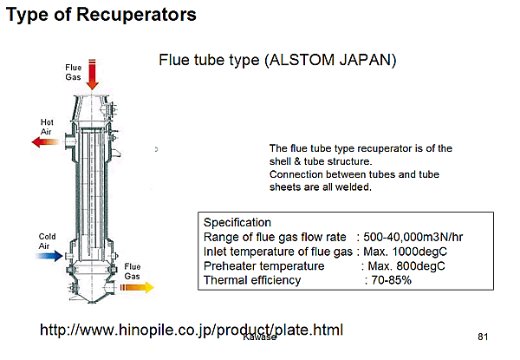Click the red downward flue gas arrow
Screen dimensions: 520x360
92,75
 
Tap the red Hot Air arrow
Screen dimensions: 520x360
45,142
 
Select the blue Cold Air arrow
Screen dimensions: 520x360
49,256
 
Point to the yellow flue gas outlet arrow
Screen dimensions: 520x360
137,287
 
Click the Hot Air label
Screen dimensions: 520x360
47,127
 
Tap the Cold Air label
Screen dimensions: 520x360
47,241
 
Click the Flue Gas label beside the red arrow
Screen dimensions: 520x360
73,72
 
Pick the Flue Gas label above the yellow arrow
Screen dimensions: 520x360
133,272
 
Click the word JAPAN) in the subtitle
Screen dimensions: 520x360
367,60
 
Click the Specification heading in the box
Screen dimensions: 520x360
237,223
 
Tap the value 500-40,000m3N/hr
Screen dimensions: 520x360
413,237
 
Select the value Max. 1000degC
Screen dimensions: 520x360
405,252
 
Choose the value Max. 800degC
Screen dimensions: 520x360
406,265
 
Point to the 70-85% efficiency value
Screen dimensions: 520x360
392,280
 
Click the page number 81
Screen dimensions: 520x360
483,337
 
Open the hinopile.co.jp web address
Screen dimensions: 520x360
192,330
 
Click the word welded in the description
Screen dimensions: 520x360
354,187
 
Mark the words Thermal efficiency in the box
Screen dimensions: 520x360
252,280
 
